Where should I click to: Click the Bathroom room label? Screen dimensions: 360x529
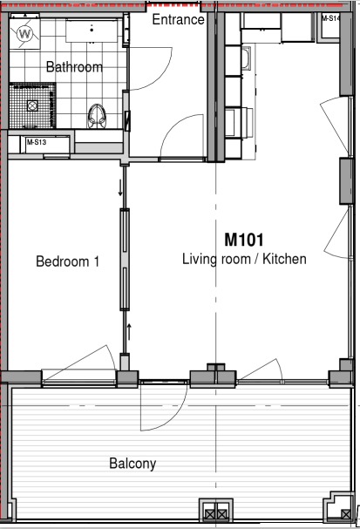point(74,67)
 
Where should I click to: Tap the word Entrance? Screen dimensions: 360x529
point(178,19)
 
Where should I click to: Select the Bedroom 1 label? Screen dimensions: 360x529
point(67,261)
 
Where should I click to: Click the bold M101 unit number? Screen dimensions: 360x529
point(244,240)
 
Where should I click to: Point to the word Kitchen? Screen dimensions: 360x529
point(284,259)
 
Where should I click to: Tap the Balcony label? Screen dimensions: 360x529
point(132,464)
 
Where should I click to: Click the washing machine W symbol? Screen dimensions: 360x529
point(24,34)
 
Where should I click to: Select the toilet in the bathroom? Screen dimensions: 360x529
point(97,116)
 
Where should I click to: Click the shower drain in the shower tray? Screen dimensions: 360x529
point(32,105)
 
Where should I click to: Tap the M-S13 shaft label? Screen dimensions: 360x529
point(37,142)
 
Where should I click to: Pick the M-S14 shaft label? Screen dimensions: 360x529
point(330,18)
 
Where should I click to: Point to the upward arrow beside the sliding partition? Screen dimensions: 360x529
point(128,332)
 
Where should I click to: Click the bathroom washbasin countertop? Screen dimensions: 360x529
point(92,31)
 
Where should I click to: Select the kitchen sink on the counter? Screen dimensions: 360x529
point(247,58)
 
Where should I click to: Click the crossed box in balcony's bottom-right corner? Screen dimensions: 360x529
point(345,514)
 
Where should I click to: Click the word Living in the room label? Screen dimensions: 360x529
point(199,260)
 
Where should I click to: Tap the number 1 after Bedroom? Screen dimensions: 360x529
point(97,261)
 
